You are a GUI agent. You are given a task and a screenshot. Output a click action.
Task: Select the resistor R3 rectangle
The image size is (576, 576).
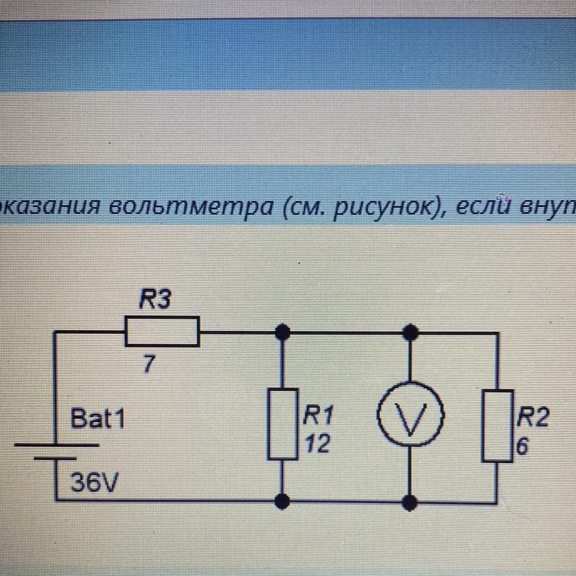[x=162, y=331]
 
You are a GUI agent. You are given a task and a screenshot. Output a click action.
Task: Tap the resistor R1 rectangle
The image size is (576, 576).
[x=282, y=424]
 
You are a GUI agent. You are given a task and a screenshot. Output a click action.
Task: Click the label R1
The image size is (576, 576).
[x=316, y=417]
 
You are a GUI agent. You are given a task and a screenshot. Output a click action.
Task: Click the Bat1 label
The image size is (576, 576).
[x=99, y=419]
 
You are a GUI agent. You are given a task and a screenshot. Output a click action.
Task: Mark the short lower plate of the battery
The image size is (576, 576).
[x=56, y=458]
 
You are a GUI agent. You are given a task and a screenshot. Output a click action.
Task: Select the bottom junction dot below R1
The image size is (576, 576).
[x=282, y=500]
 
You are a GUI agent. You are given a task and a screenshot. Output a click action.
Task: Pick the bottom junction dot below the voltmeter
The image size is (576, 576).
[x=412, y=500]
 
